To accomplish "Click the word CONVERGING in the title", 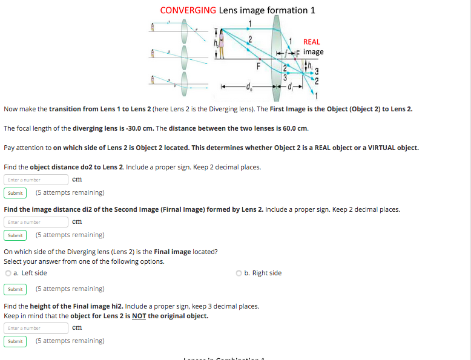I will point(188,10).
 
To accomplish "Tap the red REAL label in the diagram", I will point(311,42).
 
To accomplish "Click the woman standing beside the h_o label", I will point(222,44).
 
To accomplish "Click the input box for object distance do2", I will point(36,180).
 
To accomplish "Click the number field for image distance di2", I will point(36,222).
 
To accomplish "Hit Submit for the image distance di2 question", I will point(15,235).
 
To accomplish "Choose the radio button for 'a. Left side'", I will point(8,273).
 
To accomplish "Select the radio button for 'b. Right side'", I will point(239,273).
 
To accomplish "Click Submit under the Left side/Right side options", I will point(15,289).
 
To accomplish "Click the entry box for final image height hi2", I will point(36,328).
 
